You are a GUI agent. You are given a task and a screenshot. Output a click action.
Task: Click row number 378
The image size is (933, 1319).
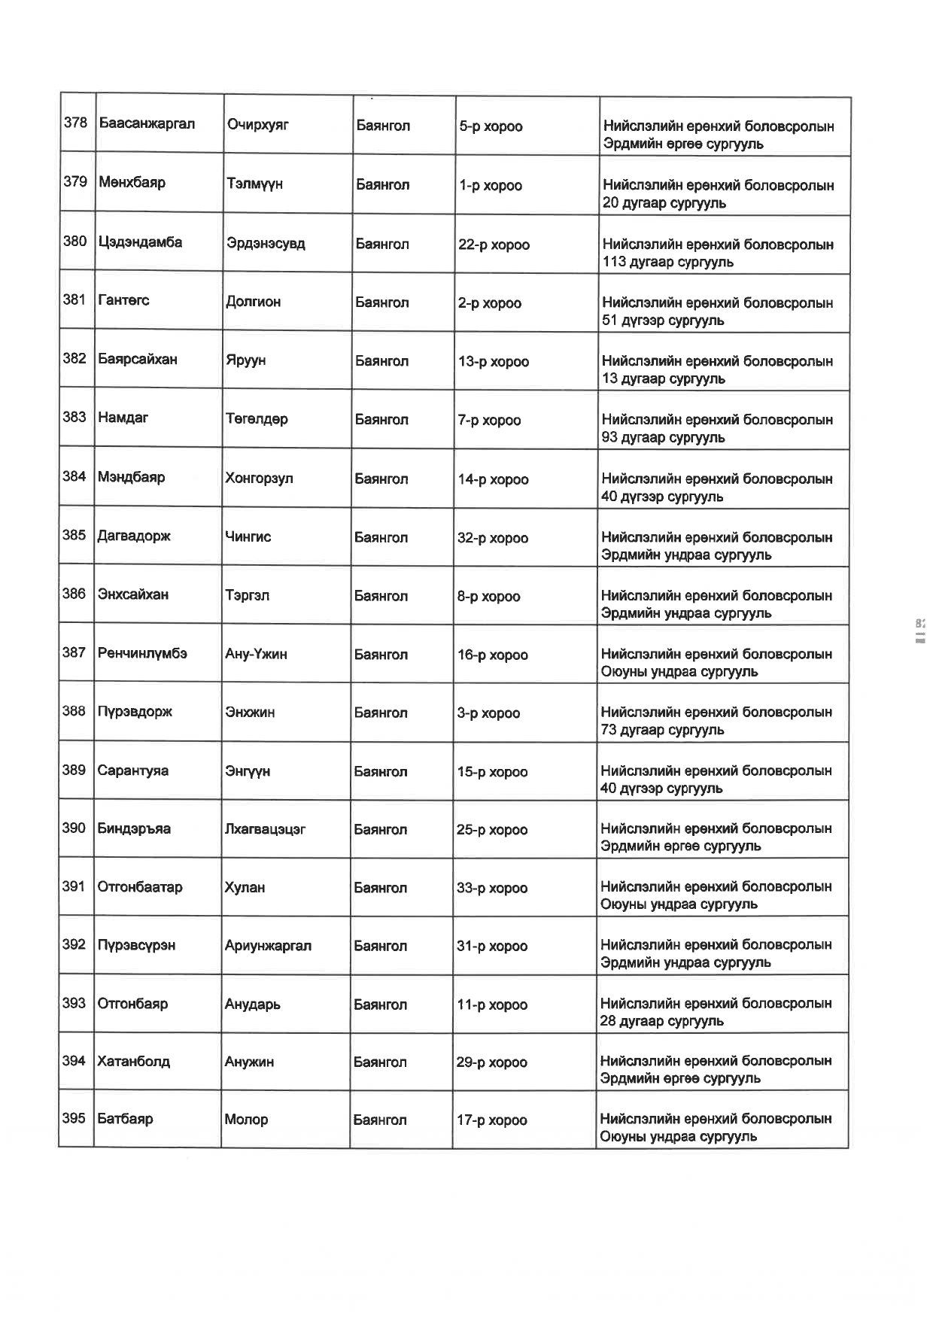[x=75, y=123]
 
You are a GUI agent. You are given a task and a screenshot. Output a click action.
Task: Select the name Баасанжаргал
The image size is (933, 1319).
[x=147, y=123]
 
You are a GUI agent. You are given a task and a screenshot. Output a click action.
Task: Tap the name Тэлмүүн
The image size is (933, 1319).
[x=254, y=184]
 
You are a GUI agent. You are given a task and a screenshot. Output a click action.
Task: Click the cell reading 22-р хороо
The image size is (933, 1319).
[x=494, y=245]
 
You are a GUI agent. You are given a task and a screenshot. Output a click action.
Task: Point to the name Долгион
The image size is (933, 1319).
[x=254, y=302]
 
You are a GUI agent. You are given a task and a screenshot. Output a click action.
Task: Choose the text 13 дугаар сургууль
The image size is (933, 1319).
[x=663, y=378]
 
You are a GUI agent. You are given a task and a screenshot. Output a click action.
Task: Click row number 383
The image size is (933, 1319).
[x=74, y=417]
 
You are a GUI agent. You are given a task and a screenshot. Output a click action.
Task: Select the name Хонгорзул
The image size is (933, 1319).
[x=259, y=479]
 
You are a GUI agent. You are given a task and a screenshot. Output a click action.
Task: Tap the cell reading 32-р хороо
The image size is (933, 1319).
[x=492, y=538]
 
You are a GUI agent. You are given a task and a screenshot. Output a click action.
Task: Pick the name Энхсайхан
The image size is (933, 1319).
[x=133, y=594]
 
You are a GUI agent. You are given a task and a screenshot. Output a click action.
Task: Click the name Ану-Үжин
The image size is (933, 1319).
[x=256, y=654]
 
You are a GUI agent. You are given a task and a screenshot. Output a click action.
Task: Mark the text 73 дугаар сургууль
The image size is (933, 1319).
[x=662, y=730]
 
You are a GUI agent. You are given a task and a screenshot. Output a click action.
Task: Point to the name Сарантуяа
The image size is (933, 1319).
[x=132, y=770]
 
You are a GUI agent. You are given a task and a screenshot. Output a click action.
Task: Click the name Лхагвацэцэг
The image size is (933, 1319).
[x=265, y=829]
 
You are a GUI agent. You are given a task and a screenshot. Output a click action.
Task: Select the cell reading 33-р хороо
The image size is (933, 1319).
[x=491, y=888]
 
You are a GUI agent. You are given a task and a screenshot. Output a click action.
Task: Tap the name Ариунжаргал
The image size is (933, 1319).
[x=268, y=946]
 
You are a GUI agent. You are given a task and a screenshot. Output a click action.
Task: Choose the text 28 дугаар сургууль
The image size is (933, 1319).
[x=661, y=1021]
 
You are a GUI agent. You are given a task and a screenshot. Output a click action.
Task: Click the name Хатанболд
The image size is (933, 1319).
[x=133, y=1062]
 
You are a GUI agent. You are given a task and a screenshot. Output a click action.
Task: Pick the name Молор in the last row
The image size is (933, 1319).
[x=246, y=1120]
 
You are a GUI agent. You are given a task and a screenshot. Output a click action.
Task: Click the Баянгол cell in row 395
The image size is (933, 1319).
[x=380, y=1120]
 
